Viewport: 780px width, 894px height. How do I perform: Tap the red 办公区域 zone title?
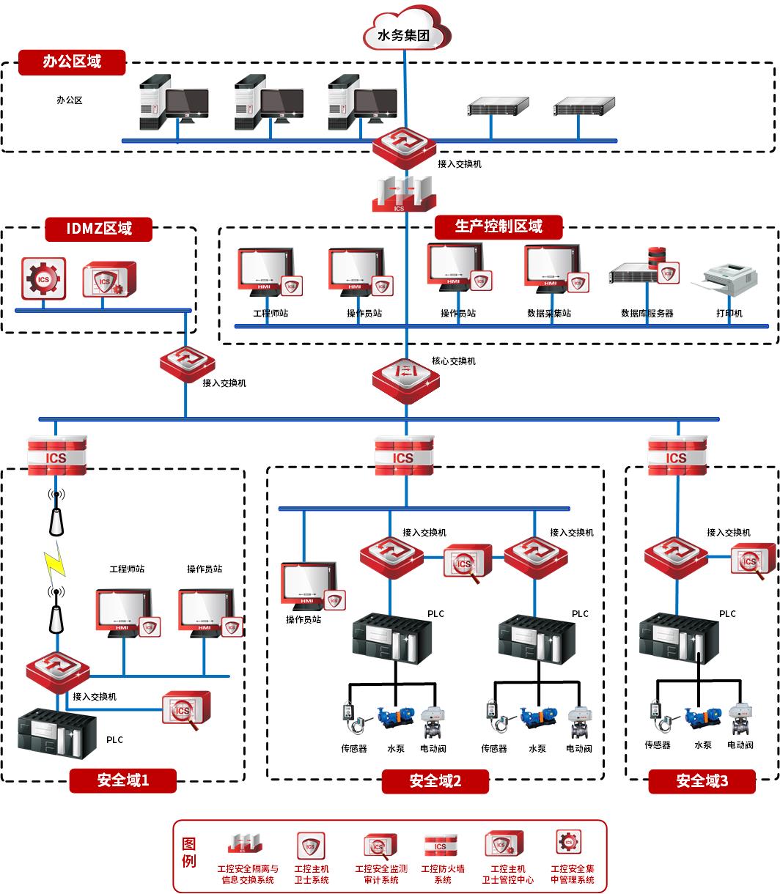tap(72, 62)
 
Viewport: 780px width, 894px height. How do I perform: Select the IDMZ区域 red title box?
tap(99, 229)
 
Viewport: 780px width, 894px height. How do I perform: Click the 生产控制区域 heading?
tap(498, 226)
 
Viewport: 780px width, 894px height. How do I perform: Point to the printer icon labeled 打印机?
tap(729, 282)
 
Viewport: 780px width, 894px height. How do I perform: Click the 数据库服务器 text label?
tap(647, 314)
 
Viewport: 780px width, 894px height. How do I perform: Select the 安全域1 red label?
tap(123, 780)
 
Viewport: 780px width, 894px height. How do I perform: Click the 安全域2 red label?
tap(435, 781)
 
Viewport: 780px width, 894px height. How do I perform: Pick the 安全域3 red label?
tap(702, 781)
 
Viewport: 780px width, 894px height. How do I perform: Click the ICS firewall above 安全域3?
tap(676, 456)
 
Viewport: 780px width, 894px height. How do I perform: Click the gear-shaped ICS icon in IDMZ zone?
tap(43, 278)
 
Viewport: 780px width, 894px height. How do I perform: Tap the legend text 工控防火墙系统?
tap(443, 874)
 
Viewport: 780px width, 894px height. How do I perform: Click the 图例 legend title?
tap(189, 852)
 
